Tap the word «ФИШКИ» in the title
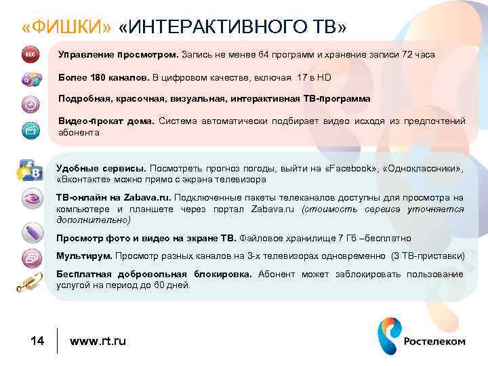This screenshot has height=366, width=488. (65, 27)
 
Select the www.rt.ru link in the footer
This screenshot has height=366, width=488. (98, 341)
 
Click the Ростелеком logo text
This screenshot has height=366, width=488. (434, 341)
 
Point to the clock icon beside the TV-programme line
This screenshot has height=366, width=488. (30, 104)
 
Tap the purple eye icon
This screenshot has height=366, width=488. (31, 200)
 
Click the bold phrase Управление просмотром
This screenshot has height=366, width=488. (119, 54)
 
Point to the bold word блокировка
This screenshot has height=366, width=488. (221, 274)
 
